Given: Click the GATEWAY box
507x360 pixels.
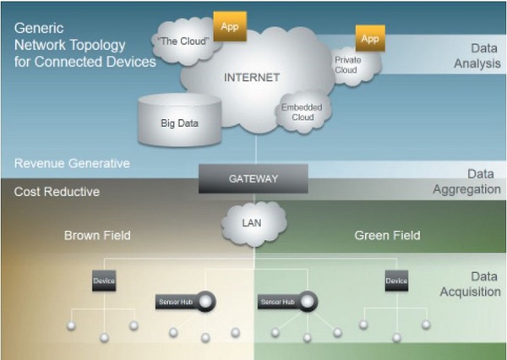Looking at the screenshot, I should click(x=253, y=179).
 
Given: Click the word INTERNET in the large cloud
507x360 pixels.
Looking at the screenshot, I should click(x=251, y=78).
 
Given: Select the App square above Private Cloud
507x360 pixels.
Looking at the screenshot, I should click(x=370, y=39).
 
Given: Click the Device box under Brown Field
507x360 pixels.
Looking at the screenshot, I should click(x=104, y=281).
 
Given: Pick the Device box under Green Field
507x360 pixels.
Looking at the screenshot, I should click(x=396, y=281).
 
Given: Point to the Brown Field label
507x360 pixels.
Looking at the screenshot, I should click(x=97, y=236).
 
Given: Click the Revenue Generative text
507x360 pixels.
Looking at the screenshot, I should click(x=72, y=163).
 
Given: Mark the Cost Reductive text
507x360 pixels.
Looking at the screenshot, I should click(x=57, y=192).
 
